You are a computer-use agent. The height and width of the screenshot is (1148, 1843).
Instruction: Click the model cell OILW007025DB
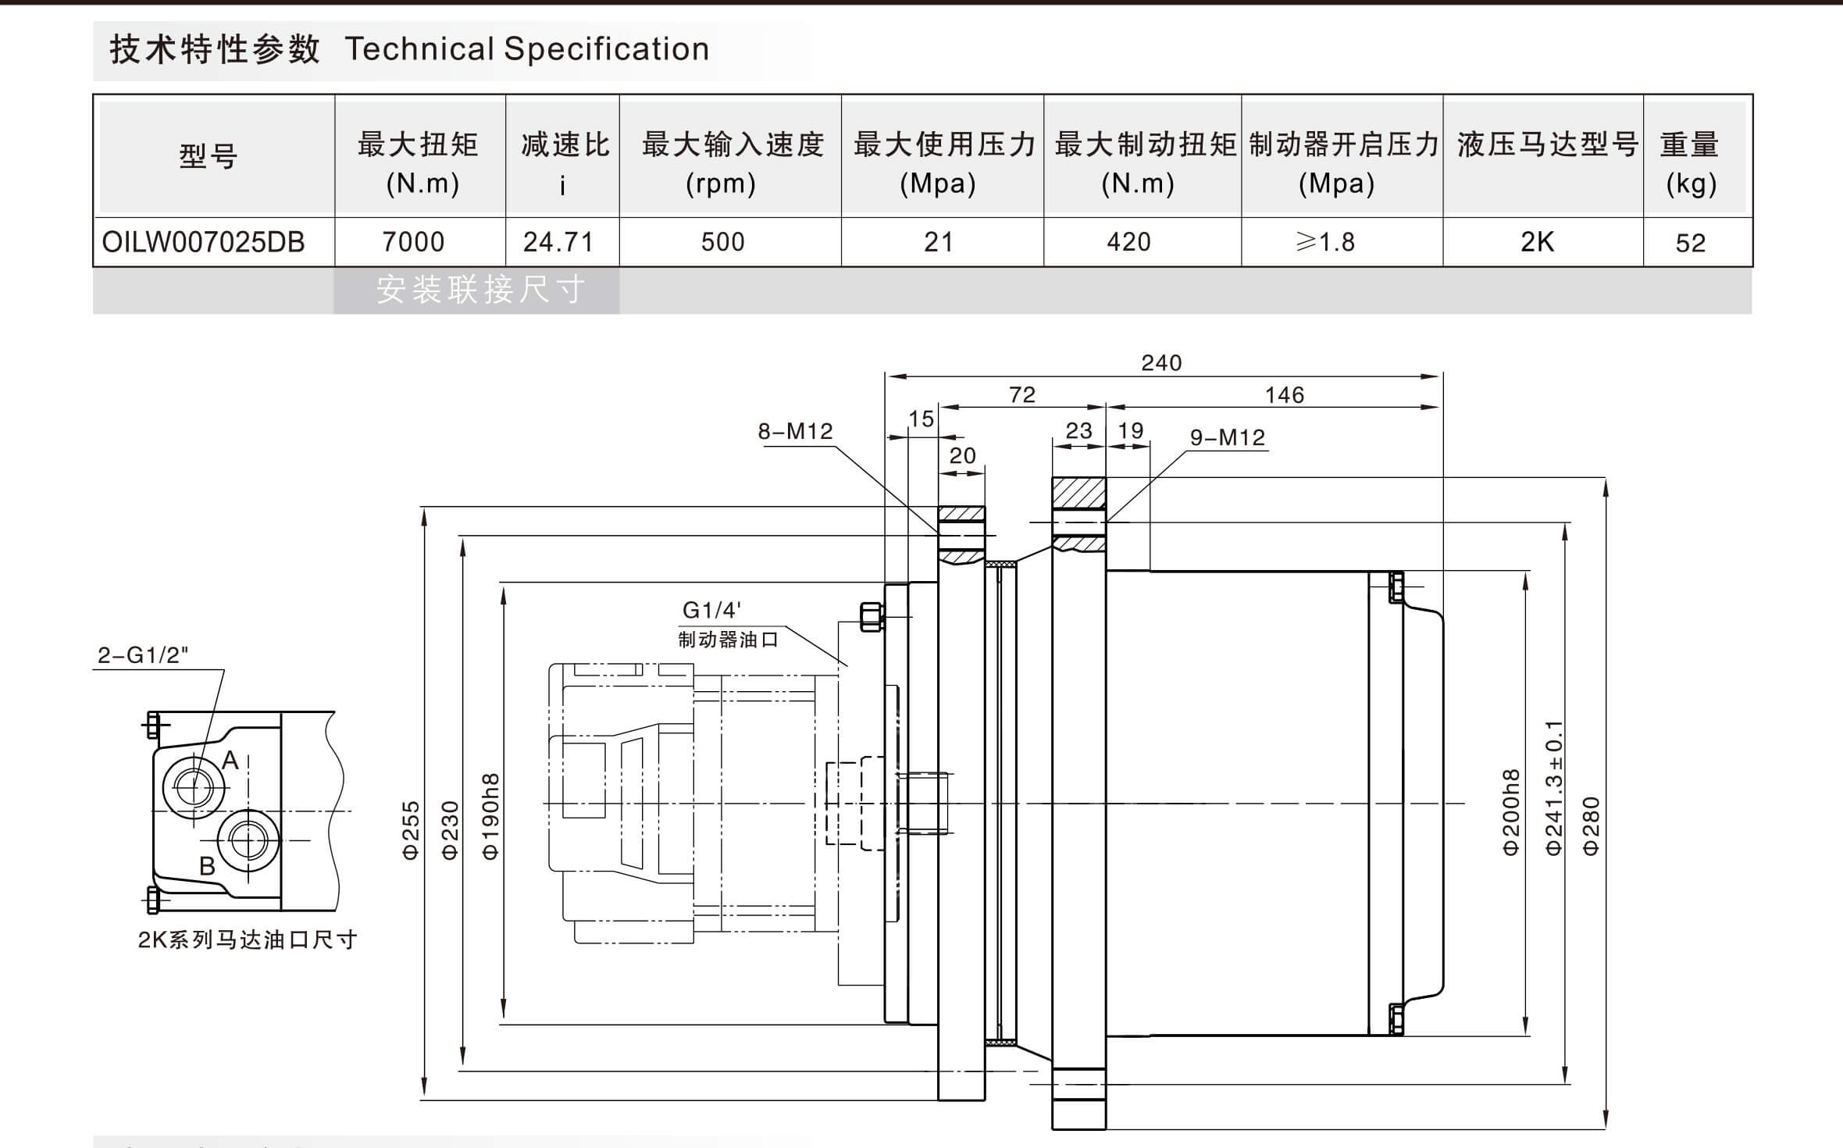tap(203, 242)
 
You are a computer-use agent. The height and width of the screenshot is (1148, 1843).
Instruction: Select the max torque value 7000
tap(413, 242)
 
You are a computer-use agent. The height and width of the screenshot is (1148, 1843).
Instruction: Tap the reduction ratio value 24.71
tap(558, 242)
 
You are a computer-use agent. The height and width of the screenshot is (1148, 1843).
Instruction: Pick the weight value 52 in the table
tap(1691, 243)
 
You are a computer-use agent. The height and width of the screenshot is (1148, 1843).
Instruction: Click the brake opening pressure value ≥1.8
tap(1325, 242)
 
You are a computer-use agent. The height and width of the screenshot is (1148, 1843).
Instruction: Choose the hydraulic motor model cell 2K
tap(1537, 242)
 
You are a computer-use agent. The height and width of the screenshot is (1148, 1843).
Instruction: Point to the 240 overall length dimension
tap(1161, 362)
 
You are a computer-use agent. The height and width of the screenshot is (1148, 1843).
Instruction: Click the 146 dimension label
tap(1285, 395)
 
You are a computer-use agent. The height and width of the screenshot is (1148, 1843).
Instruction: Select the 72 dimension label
tap(1022, 395)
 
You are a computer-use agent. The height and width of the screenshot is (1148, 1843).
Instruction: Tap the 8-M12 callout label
tap(795, 431)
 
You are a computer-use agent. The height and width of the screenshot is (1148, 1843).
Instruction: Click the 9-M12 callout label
tap(1228, 437)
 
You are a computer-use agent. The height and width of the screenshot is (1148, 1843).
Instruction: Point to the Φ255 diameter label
tap(411, 830)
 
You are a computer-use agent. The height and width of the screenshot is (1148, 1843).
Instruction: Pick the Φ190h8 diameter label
tap(490, 817)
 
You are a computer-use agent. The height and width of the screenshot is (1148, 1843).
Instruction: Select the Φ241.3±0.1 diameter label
tap(1553, 787)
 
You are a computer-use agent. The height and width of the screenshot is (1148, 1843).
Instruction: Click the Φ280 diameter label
tap(1591, 826)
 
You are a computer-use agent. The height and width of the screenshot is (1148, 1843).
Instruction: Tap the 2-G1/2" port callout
tap(143, 655)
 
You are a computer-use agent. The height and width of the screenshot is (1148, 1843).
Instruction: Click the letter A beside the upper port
tap(230, 760)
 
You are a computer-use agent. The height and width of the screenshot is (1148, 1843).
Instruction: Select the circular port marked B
tap(248, 840)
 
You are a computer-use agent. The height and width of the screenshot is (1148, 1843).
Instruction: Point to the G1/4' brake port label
tap(711, 610)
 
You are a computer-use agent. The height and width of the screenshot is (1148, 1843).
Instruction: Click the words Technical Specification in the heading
tap(527, 49)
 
